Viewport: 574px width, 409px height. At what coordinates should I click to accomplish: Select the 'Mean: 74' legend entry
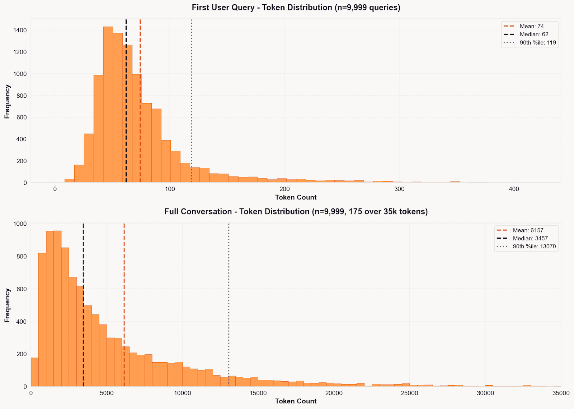pyautogui.click(x=531, y=26)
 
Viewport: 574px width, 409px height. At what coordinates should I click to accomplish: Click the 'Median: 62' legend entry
pyautogui.click(x=534, y=35)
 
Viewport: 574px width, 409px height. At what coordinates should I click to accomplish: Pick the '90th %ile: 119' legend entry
pyautogui.click(x=537, y=43)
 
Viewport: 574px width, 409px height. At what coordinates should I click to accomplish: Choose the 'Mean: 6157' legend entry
pyautogui.click(x=528, y=230)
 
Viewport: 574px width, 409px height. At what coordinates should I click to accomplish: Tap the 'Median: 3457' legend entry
pyautogui.click(x=530, y=239)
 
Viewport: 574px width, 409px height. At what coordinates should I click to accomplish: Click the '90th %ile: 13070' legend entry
pyautogui.click(x=534, y=247)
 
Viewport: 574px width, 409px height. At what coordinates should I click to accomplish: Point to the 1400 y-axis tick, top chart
pyautogui.click(x=20, y=30)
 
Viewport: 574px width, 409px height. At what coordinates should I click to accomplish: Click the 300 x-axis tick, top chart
pyautogui.click(x=399, y=189)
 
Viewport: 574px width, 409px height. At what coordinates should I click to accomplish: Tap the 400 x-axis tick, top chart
pyautogui.click(x=514, y=189)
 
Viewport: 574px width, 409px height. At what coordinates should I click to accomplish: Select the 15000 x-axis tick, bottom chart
pyautogui.click(x=258, y=393)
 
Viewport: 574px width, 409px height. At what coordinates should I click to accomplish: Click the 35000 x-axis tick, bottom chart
pyautogui.click(x=560, y=393)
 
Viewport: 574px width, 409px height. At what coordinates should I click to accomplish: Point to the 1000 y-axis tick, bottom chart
pyautogui.click(x=20, y=224)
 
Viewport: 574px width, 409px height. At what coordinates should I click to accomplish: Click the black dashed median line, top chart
pyautogui.click(x=126, y=108)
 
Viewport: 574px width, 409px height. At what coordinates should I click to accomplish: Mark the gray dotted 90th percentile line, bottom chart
pyautogui.click(x=229, y=305)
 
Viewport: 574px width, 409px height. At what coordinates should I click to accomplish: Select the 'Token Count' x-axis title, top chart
pyautogui.click(x=296, y=197)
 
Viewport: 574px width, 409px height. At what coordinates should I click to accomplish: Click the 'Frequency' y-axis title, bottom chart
pyautogui.click(x=7, y=305)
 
